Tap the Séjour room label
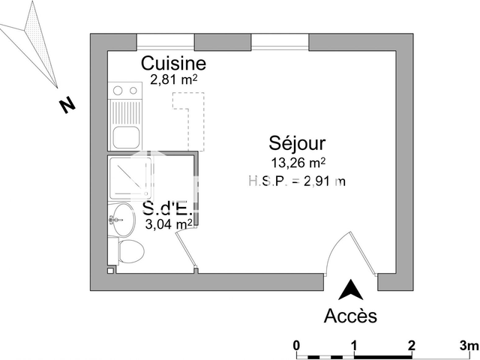pos(298,143)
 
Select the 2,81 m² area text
pos(173,79)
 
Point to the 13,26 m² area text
pos(298,162)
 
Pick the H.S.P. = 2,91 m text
pos(297,180)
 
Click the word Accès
pos(350,316)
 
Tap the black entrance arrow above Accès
pos(350,290)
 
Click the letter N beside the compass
pos(67,106)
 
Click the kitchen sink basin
pos(125,138)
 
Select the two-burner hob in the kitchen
pos(125,91)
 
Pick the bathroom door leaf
pos(184,252)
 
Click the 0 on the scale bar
pos(297,345)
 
